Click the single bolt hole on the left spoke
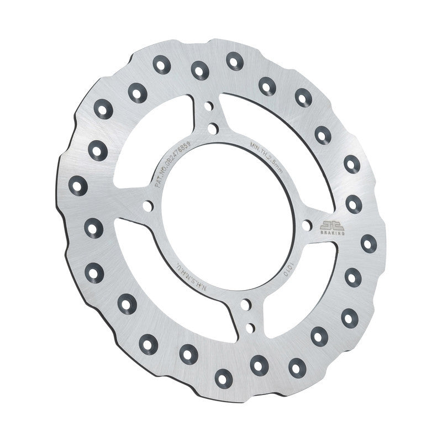[x=148, y=206]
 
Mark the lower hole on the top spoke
[x=212, y=129]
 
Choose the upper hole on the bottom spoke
[x=245, y=304]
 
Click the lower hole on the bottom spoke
[x=250, y=328]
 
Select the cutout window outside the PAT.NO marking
[x=160, y=138]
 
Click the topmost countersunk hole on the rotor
[x=235, y=61]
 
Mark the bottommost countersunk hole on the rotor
[x=222, y=378]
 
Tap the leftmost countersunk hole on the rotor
[x=78, y=185]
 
